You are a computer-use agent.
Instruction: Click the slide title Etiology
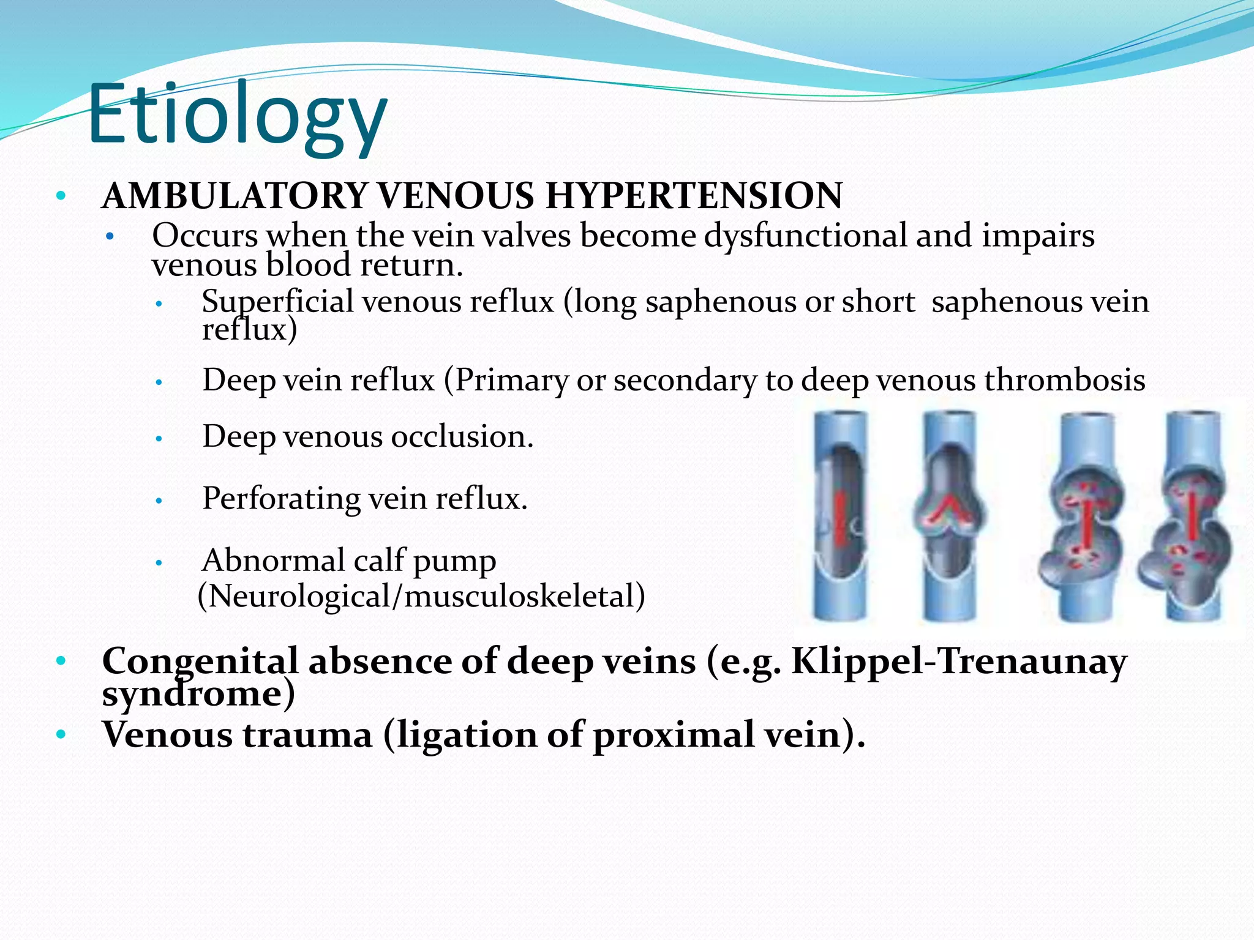(238, 116)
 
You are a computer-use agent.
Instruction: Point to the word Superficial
(277, 302)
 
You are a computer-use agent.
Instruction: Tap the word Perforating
(282, 499)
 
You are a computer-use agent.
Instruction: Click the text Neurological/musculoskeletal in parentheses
(421, 596)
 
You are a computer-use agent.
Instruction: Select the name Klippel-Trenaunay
(958, 662)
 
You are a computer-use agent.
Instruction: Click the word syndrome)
(198, 695)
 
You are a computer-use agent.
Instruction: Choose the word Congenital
(200, 662)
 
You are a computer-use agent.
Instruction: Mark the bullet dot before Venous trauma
(60, 733)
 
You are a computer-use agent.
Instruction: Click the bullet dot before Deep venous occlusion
(158, 438)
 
